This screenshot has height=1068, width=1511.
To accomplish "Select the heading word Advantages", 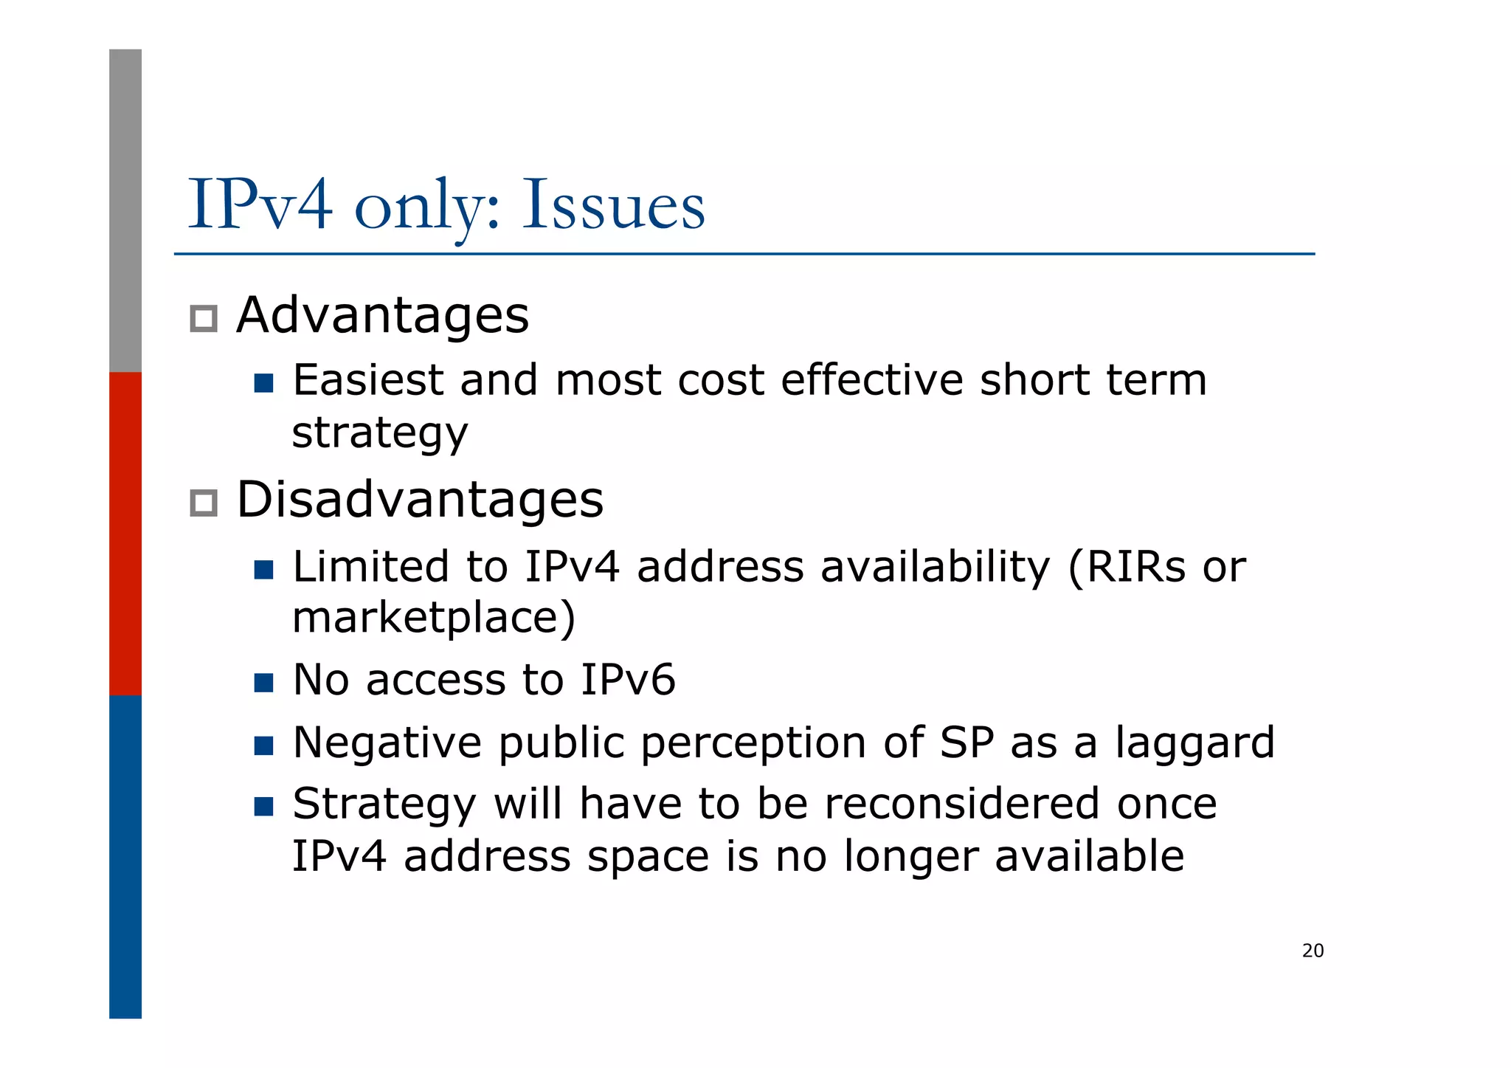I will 382,315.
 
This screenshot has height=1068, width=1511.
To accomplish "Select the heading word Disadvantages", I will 419,500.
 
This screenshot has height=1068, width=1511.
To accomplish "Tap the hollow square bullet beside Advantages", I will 203,319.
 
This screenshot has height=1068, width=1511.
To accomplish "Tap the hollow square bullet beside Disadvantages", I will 203,503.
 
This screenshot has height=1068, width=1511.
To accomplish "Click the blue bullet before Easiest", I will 263,383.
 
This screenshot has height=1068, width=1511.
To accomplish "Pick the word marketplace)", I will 434,618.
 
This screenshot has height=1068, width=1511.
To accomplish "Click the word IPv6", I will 628,680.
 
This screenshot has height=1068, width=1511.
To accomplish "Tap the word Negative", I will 387,743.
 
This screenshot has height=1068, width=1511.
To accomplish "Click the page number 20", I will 1313,951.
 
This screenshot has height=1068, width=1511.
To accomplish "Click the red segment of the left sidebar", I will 125,534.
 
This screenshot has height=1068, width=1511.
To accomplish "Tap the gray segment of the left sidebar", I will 125,210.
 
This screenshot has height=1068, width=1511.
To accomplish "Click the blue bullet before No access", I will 263,682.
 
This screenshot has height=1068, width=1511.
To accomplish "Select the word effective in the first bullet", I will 871,381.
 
